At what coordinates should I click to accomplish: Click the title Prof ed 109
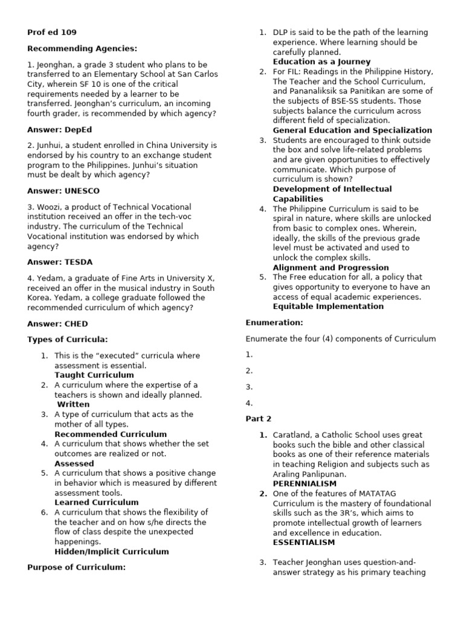tap(52, 32)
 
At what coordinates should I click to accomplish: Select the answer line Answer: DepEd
tap(60, 129)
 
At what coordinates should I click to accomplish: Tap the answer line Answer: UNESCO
tap(63, 191)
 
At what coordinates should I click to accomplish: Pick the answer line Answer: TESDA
tap(60, 262)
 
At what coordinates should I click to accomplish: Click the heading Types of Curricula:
tap(68, 340)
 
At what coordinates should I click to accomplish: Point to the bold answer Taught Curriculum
tap(94, 375)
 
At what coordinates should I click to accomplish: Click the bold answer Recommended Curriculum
tap(111, 434)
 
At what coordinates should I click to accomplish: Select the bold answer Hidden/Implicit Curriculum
tap(112, 551)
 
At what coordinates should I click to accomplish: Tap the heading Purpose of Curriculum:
tap(77, 567)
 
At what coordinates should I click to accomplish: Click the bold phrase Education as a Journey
tap(322, 62)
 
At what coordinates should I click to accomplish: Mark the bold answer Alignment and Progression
tap(331, 267)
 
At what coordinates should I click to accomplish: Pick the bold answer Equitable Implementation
tap(328, 307)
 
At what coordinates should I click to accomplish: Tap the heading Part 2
tap(259, 418)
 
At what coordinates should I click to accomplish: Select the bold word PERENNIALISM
tap(304, 484)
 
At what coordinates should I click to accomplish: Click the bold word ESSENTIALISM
tap(304, 543)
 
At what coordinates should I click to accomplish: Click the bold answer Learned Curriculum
tap(97, 502)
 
